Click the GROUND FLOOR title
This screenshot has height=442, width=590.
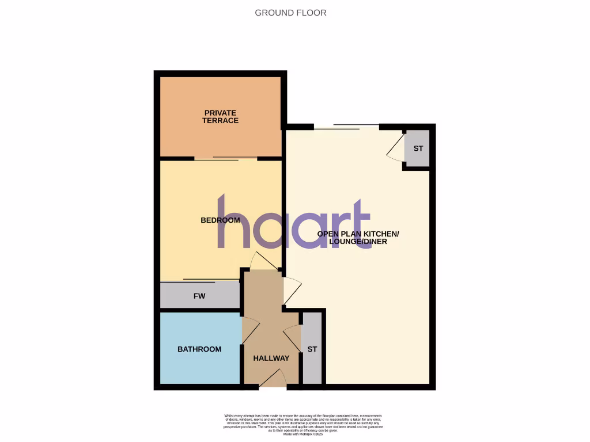290,13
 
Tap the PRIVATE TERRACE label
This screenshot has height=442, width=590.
220,117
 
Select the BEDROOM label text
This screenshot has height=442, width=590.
220,220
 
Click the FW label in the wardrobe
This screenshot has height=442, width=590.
199,296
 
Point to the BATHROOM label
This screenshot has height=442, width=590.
199,349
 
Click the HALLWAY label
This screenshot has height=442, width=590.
271,359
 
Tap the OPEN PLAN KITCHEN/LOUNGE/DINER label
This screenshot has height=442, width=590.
358,238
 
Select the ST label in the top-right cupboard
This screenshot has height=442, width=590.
418,148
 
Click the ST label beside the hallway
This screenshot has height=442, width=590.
312,349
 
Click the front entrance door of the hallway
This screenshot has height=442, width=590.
273,379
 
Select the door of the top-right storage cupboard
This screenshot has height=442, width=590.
396,149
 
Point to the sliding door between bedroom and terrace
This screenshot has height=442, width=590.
225,159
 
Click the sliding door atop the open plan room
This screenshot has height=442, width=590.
346,127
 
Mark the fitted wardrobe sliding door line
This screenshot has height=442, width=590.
199,281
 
